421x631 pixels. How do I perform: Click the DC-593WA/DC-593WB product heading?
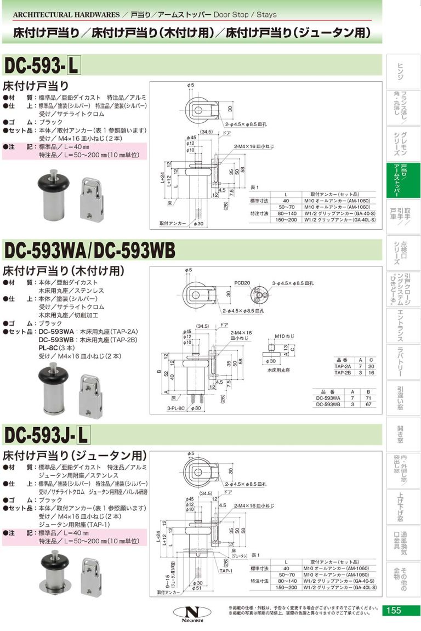(89, 250)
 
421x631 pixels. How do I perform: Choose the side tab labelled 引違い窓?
(401, 398)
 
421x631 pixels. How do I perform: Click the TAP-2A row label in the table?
(345, 366)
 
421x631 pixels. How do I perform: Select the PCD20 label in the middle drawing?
(242, 283)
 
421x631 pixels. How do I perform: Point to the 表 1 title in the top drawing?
(254, 187)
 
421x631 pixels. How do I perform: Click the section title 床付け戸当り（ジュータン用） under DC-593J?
(75, 455)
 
